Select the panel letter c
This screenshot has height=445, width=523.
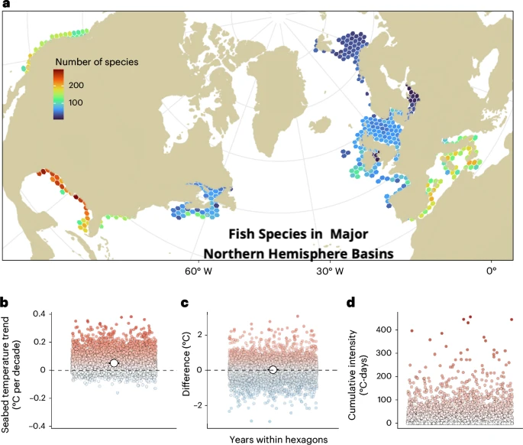(x=184, y=302)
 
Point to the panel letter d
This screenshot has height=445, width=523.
(x=351, y=302)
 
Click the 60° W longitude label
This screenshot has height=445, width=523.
(x=198, y=270)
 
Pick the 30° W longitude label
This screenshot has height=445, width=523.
(x=330, y=270)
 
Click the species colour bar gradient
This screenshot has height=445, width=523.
(x=59, y=95)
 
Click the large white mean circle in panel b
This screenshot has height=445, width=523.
(x=114, y=363)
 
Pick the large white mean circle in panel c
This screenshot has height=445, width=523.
(x=273, y=370)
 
